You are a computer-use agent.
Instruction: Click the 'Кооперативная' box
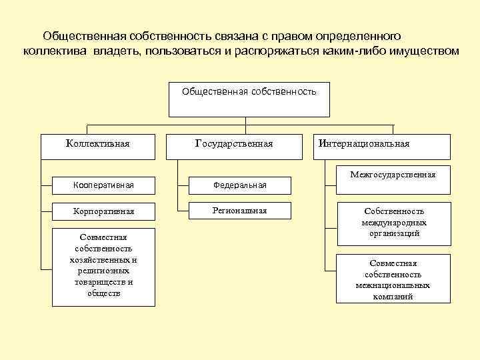coord(103,185)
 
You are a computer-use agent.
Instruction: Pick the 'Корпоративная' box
coord(103,211)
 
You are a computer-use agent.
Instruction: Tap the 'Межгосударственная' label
coord(393,175)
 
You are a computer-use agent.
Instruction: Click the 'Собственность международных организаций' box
coord(393,223)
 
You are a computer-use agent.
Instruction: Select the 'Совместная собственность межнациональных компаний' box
coord(393,279)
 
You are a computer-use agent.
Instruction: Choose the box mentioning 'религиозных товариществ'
coord(103,267)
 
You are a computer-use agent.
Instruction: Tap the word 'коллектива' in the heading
coord(52,51)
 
